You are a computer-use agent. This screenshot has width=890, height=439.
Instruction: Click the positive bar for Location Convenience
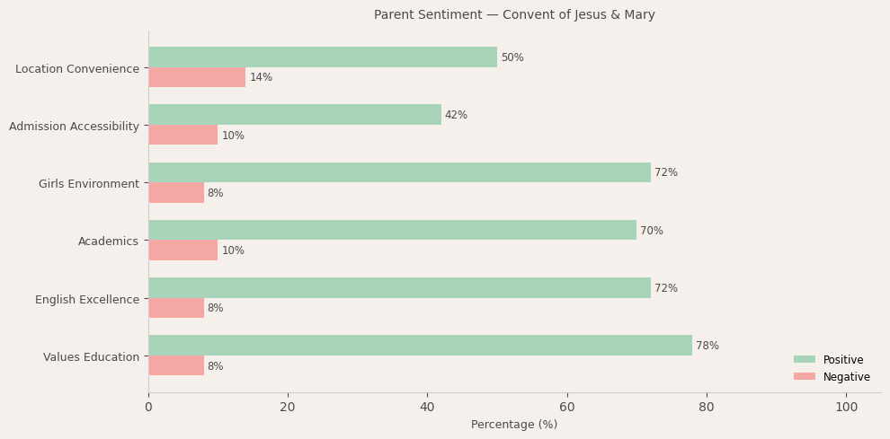(323, 57)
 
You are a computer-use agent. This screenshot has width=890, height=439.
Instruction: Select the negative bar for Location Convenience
(197, 78)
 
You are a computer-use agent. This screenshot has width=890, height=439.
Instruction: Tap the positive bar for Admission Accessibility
(295, 115)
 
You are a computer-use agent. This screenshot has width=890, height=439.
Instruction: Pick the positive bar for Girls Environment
(399, 172)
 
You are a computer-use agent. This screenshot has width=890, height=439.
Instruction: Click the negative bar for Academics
(183, 250)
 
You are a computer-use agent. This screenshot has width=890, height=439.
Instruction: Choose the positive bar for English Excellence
(399, 288)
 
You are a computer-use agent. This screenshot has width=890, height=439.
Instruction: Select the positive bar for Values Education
(420, 346)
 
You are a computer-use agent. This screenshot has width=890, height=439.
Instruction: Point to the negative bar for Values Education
(176, 366)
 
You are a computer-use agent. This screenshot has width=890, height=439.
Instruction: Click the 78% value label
(708, 346)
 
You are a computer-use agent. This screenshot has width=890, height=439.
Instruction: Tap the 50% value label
(512, 57)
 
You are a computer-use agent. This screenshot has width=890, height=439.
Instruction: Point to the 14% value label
(261, 78)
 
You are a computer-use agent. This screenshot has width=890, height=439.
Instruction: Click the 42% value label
(456, 115)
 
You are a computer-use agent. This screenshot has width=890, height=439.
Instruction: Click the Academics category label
(108, 241)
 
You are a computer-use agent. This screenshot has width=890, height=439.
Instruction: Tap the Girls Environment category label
(89, 184)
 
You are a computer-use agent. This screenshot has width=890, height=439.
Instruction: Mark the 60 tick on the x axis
(567, 407)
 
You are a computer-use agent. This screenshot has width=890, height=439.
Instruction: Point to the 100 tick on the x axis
(846, 407)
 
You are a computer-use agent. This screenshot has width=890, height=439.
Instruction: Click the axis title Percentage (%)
(514, 425)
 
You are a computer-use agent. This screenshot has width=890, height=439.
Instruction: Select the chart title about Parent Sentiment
(514, 15)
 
